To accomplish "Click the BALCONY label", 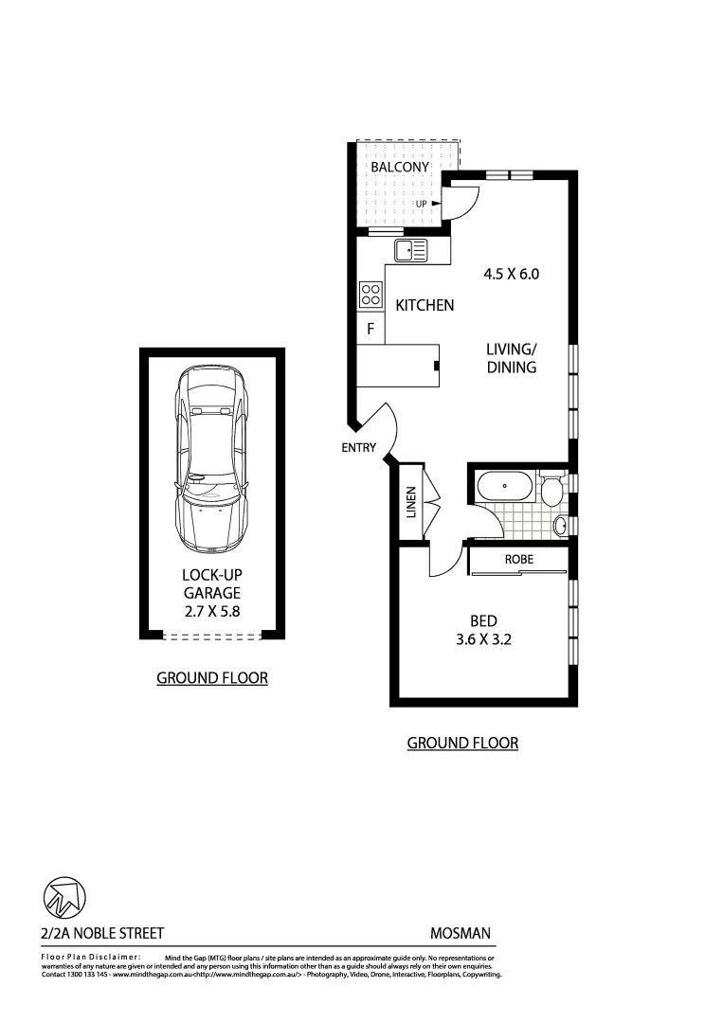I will tap(400, 167).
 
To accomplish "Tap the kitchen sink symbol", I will tap(410, 251).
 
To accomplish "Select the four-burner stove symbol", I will tap(370, 296).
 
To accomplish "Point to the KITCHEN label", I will tap(425, 305).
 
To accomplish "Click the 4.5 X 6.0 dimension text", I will tap(511, 275).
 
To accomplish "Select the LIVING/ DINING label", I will tap(512, 358).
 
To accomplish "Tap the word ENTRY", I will tap(359, 448).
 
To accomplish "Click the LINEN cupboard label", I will tap(411, 502).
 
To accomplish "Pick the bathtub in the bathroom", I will tap(504, 489).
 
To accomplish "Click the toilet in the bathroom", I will tap(551, 490).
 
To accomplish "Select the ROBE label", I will tap(518, 560).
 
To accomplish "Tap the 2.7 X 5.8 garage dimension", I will tap(211, 611).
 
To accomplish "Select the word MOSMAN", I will tap(460, 933).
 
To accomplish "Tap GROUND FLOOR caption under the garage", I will tap(211, 677).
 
